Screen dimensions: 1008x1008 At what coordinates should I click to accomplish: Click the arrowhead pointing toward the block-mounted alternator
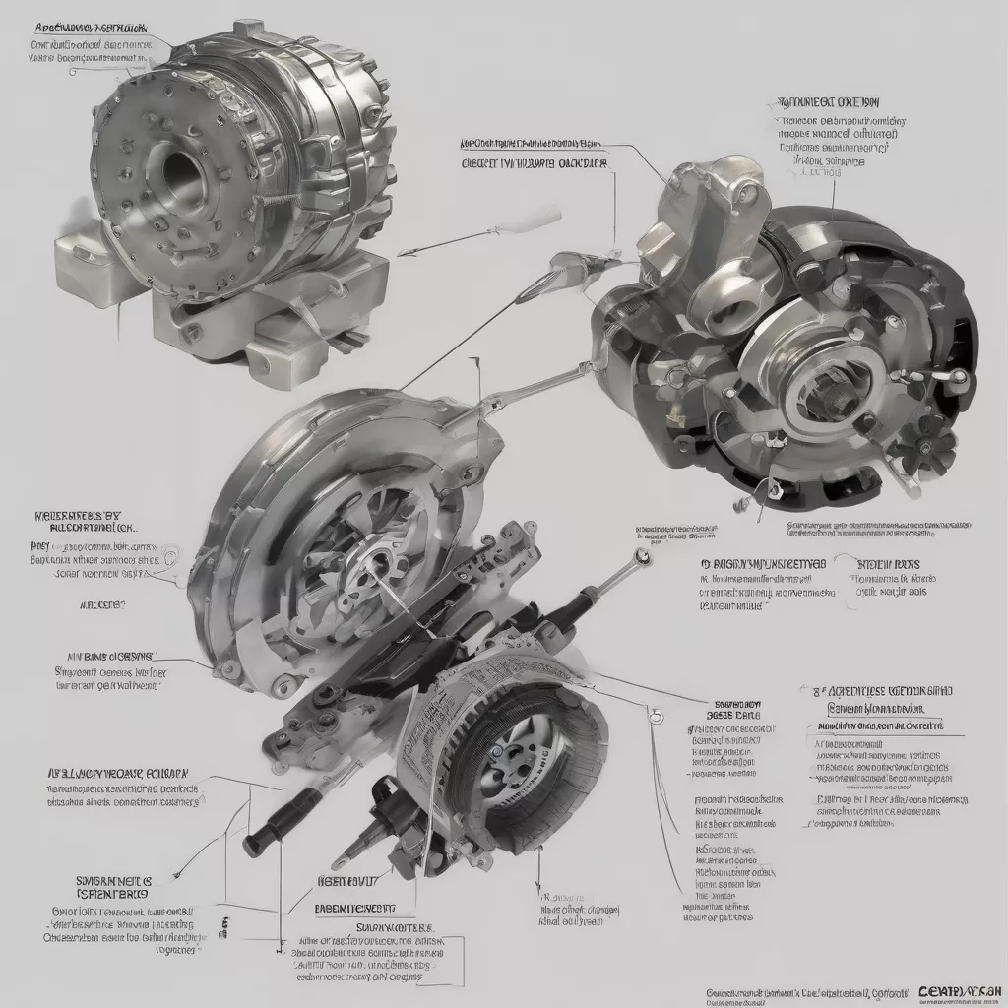pyautogui.click(x=408, y=253)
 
